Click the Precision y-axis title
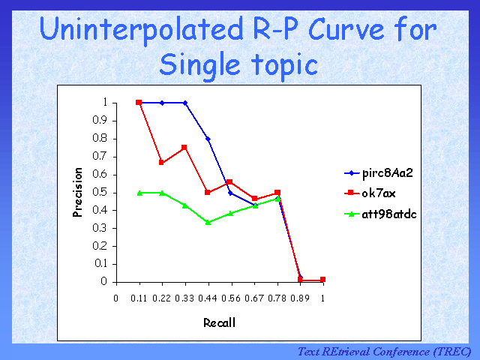(x=78, y=192)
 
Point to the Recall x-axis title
(x=219, y=323)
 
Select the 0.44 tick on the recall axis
(x=208, y=298)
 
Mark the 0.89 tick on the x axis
(x=300, y=298)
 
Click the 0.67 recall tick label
(x=254, y=298)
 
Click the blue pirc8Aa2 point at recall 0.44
(x=208, y=139)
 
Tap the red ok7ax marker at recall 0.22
(x=162, y=163)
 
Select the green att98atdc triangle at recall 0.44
(x=208, y=222)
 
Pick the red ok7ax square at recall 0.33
(x=185, y=147)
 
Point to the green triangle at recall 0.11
(x=139, y=193)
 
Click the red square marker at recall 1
(x=322, y=280)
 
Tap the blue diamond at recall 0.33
(x=185, y=103)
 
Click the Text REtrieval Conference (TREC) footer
(x=384, y=351)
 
